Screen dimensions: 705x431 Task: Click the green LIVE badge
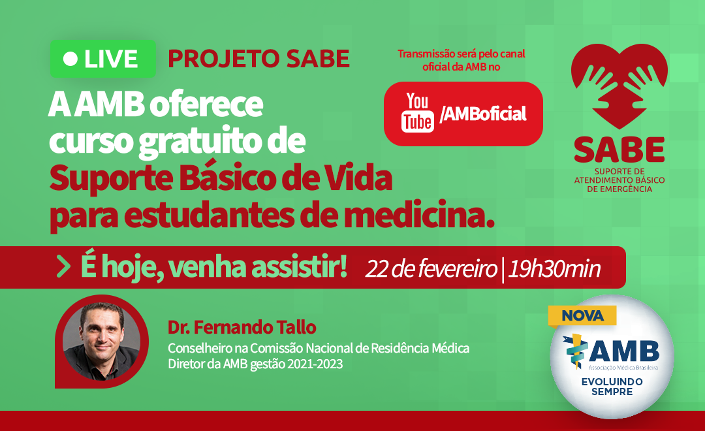click(103, 59)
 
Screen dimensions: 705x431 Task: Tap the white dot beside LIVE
click(70, 59)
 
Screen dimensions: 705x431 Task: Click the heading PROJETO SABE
click(258, 59)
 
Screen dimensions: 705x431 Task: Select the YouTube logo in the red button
click(418, 112)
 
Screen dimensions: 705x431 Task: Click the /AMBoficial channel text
click(483, 114)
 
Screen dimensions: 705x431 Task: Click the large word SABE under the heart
click(619, 150)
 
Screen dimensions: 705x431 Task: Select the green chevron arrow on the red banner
click(63, 267)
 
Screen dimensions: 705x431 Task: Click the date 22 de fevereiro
click(431, 268)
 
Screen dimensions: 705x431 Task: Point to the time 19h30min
click(554, 268)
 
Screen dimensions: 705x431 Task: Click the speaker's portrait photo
click(102, 341)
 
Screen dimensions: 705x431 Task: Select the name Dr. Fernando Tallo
click(242, 328)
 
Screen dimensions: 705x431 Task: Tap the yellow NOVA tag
click(582, 315)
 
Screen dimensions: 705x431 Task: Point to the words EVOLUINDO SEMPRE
click(612, 387)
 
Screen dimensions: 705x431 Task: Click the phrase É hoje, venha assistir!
click(214, 268)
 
